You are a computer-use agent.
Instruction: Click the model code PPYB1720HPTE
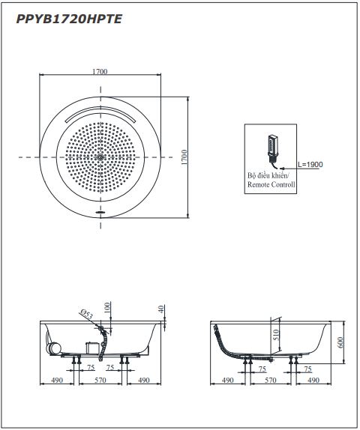click(69, 19)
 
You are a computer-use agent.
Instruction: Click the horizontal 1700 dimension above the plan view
click(100, 72)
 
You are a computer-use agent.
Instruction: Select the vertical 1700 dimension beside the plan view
click(184, 157)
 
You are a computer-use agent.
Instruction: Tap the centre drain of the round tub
click(100, 157)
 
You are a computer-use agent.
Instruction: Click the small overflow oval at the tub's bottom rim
click(100, 212)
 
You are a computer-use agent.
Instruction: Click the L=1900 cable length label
click(310, 165)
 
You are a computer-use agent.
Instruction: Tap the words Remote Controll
click(271, 184)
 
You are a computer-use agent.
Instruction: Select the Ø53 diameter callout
click(86, 314)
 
